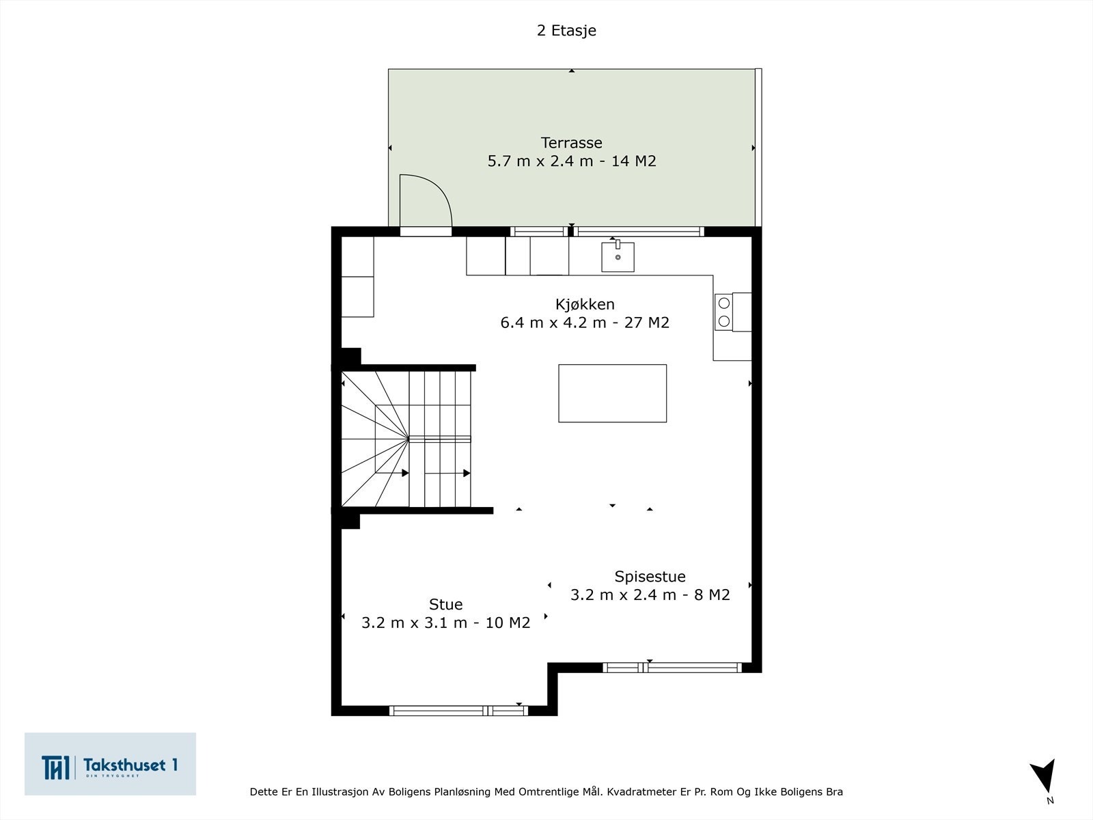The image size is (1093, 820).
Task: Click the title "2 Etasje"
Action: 566,31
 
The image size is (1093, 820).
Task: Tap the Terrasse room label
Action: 571,143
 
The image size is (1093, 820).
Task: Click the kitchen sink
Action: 618,257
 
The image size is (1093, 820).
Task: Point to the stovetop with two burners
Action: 724,312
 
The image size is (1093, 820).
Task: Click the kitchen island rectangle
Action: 612,393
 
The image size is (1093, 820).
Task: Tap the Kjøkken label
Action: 585,304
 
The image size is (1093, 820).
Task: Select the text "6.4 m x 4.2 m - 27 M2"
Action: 585,323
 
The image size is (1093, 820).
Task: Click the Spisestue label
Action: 650,576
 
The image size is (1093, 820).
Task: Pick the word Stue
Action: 445,604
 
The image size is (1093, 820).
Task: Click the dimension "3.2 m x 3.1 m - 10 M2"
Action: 445,623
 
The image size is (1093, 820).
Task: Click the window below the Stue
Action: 458,711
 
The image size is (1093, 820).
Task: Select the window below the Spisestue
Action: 672,668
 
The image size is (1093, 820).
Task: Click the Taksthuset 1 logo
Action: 110,764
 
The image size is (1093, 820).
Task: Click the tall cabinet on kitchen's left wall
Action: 357,277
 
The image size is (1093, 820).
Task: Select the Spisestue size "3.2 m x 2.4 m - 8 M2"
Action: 650,594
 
